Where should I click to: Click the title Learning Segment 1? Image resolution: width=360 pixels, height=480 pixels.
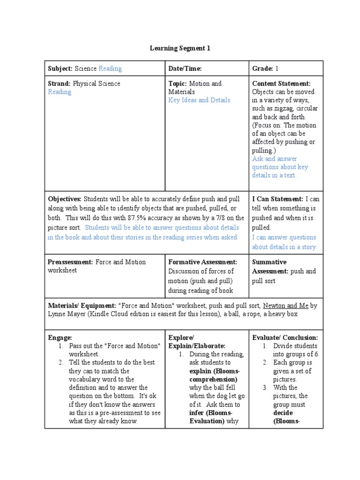point(180,48)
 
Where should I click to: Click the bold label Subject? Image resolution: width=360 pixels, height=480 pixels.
point(60,69)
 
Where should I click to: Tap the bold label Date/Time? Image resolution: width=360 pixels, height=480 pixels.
point(185,69)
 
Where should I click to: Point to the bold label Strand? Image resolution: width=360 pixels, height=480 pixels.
point(59,84)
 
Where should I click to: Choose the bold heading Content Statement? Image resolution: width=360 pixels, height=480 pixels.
point(281,84)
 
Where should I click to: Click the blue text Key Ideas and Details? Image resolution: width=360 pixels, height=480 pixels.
point(199,100)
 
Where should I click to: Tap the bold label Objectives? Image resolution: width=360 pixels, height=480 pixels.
point(65,199)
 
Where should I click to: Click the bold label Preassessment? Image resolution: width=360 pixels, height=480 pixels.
point(70,262)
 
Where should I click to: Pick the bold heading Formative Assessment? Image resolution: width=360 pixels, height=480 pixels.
point(202,262)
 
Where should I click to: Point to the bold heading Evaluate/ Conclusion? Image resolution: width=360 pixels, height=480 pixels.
point(285,337)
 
